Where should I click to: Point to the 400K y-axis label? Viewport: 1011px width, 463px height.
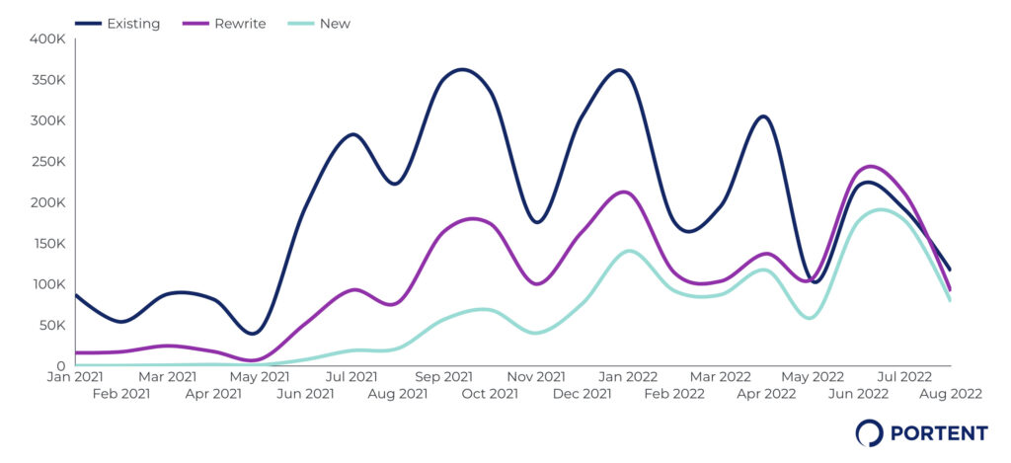pos(47,39)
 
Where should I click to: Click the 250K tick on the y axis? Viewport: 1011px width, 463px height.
pos(47,162)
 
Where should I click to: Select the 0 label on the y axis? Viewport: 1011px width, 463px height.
pos(60,365)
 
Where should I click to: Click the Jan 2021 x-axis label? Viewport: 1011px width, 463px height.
pos(75,376)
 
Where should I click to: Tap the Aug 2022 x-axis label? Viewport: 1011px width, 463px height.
pos(952,393)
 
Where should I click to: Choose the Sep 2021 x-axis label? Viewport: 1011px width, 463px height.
pos(443,376)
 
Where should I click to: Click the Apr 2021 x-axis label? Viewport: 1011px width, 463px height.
pos(213,393)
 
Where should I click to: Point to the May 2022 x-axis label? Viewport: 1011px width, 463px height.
pos(813,376)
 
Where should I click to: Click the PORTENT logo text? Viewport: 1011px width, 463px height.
pos(938,432)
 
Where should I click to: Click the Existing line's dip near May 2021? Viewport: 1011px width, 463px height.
pos(254,334)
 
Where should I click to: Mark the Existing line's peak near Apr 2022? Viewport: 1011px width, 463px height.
pos(763,116)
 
